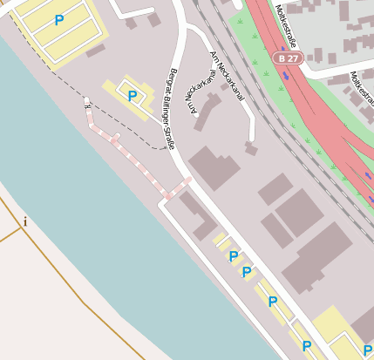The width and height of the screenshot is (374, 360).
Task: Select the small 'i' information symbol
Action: click(x=25, y=221)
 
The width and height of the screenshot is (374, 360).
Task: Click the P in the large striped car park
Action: click(x=58, y=20)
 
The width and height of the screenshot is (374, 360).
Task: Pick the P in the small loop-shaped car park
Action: click(x=132, y=96)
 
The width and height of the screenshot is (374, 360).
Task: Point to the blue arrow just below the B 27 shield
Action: click(x=286, y=76)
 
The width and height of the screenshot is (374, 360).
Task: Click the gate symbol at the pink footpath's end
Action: click(x=87, y=102)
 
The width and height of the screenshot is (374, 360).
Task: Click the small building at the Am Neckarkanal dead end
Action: click(x=251, y=149)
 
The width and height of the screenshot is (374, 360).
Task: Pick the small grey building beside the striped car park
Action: click(x=95, y=51)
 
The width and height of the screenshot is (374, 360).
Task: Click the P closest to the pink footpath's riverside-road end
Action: click(x=233, y=256)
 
